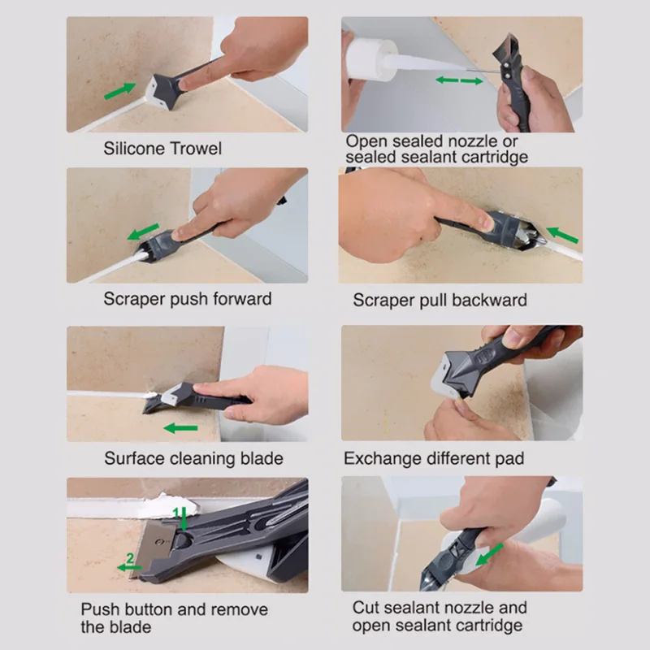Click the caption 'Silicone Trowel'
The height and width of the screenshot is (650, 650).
click(162, 149)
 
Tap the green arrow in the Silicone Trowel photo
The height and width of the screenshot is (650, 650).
click(119, 91)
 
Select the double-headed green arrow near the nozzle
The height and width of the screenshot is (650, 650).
click(459, 80)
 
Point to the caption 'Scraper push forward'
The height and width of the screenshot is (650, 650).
click(188, 299)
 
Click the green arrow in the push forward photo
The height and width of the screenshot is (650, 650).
click(143, 232)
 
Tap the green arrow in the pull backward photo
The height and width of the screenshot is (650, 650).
click(562, 235)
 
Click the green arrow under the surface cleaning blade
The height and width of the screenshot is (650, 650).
click(180, 428)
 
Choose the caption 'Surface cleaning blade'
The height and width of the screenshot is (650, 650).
click(193, 458)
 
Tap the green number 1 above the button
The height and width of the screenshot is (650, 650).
click(176, 513)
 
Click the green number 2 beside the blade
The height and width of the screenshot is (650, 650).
click(130, 558)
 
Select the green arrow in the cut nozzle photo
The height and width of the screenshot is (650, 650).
click(489, 554)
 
